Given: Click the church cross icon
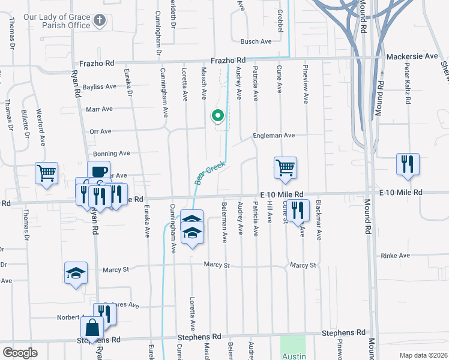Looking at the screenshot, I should pyautogui.click(x=100, y=22).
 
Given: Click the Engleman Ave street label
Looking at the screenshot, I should pyautogui.click(x=273, y=136).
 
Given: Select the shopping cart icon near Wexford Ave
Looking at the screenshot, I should pyautogui.click(x=46, y=173).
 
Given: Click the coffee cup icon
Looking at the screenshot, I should pyautogui.click(x=98, y=172).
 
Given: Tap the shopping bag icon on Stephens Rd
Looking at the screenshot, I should pyautogui.click(x=92, y=328).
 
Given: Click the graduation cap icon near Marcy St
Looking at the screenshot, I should pyautogui.click(x=76, y=273).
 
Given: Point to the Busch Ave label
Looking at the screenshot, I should pyautogui.click(x=256, y=41).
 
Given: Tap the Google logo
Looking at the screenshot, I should pyautogui.click(x=19, y=353).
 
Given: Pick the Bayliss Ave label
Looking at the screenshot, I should pyautogui.click(x=101, y=86).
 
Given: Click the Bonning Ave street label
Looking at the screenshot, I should pyautogui.click(x=112, y=154).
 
